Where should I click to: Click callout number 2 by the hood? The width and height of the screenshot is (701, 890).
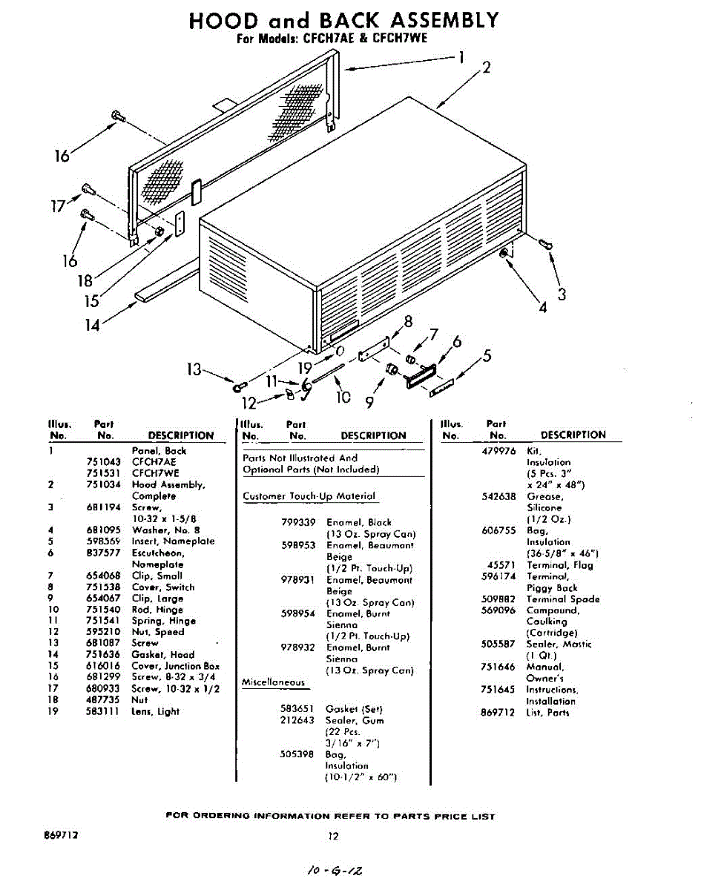click(x=486, y=67)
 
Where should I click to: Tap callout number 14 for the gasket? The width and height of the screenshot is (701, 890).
click(x=91, y=324)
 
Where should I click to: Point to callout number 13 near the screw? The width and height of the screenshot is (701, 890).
click(x=194, y=369)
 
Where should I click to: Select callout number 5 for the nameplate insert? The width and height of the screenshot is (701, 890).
click(x=487, y=356)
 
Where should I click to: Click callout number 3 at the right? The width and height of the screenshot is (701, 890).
click(x=562, y=294)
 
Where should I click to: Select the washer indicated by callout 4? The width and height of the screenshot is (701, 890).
click(x=504, y=254)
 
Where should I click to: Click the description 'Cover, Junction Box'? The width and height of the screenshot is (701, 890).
click(x=176, y=666)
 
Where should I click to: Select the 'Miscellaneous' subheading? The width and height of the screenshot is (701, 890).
click(x=273, y=682)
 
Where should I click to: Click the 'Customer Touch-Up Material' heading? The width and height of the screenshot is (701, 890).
click(x=309, y=496)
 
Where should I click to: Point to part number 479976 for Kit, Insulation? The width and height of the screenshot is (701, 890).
click(x=498, y=451)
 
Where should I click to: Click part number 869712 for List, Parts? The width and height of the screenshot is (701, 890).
click(x=498, y=713)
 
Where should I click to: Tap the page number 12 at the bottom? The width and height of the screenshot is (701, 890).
click(x=333, y=837)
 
